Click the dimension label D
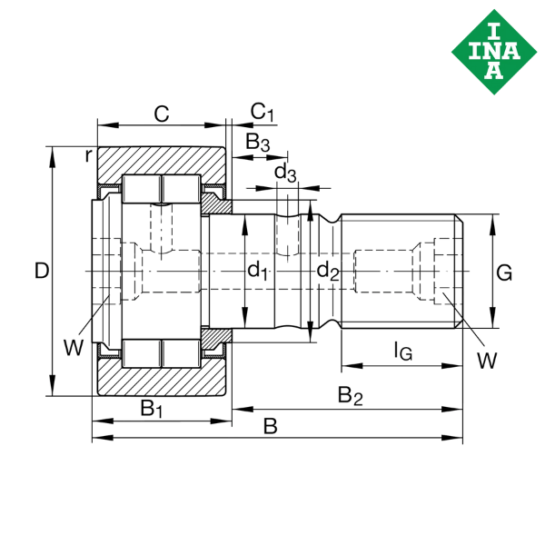[40, 271]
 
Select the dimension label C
[161, 114]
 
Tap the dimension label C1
[262, 112]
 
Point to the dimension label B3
[258, 143]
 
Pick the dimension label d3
[284, 172]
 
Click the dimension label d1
[259, 270]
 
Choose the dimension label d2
[328, 270]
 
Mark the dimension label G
[505, 271]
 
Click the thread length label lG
[401, 349]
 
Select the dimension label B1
[151, 409]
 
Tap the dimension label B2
[350, 396]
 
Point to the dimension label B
[270, 426]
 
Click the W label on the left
[73, 346]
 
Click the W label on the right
[487, 360]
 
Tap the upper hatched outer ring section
[161, 161]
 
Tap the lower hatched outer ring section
[161, 379]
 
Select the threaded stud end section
[400, 270]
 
